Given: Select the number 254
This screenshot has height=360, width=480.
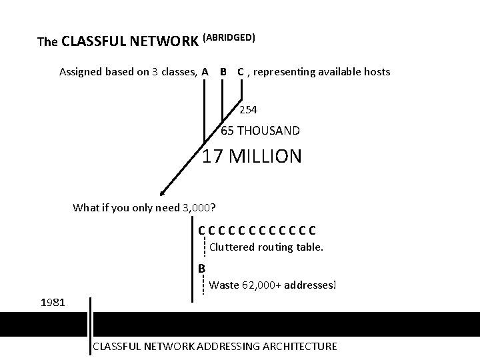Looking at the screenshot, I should coord(249,109).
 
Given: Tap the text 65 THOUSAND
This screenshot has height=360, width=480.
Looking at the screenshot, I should coord(260,131).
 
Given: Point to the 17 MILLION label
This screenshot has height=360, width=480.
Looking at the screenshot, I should coord(251,157).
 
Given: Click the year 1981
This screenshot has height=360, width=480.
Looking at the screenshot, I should coord(53,303).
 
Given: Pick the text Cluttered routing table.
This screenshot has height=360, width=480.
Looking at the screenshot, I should coord(266,247).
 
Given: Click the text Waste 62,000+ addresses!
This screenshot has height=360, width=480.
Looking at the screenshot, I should coord(273,285).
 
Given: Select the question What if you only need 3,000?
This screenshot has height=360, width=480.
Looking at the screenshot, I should coord(148,207).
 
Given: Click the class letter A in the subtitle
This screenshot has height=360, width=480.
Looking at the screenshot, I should coord(205,71).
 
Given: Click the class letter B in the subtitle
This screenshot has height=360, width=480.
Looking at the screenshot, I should coord(223,71).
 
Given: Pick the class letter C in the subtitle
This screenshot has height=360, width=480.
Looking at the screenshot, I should coord(240,71).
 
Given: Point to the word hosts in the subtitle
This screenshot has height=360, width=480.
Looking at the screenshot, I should coord(377,71).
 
